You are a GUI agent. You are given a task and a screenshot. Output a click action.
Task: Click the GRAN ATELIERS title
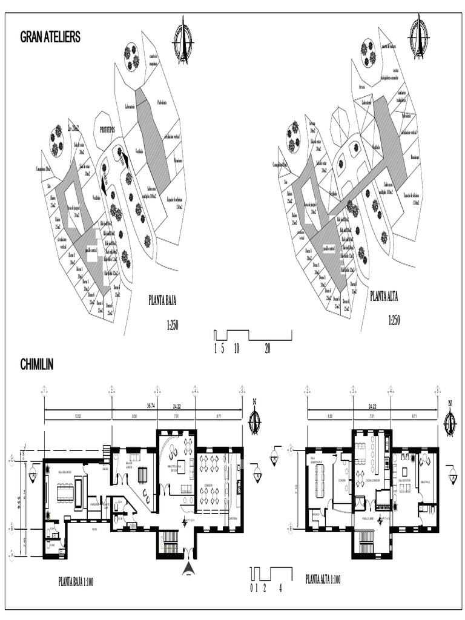tap(50, 38)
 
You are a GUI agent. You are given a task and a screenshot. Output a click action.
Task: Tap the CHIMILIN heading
tap(37, 364)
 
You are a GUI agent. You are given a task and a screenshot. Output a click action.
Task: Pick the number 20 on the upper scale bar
tap(268, 348)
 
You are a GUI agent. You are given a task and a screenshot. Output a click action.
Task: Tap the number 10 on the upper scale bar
tap(236, 348)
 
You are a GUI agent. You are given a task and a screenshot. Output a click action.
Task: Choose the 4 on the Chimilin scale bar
tap(280, 587)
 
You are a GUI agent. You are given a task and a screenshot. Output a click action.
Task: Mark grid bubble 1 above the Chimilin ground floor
tap(44, 389)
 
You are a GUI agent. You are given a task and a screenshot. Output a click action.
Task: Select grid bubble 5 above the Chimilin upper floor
tap(437, 389)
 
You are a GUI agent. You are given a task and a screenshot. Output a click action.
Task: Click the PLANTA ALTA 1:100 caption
tap(323, 579)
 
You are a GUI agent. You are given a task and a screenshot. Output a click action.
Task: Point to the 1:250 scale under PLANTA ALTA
tap(393, 321)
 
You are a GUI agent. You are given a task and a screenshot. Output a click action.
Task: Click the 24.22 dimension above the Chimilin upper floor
tap(372, 405)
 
